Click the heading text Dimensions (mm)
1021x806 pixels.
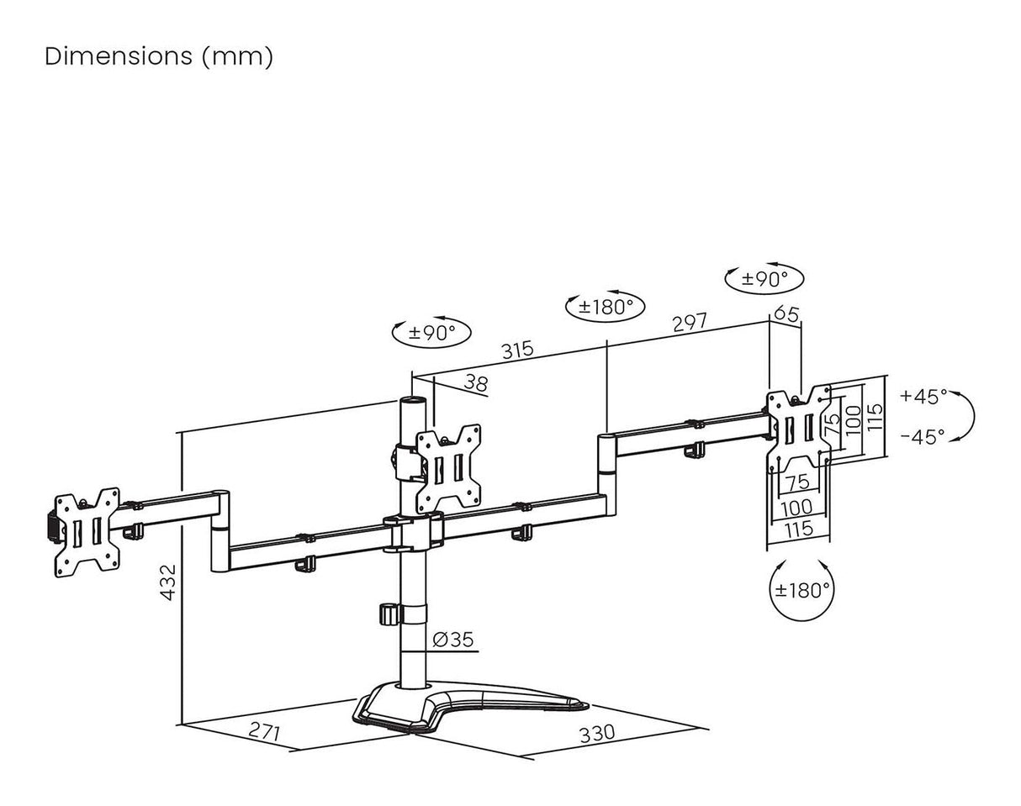click(x=159, y=57)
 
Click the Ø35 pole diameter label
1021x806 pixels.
click(x=453, y=640)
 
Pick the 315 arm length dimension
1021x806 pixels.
click(x=517, y=348)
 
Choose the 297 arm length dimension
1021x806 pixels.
click(x=689, y=322)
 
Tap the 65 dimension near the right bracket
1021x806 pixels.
click(x=786, y=313)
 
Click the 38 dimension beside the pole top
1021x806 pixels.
click(x=476, y=383)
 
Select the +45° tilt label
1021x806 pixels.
click(x=923, y=396)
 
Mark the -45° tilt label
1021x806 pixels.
click(x=923, y=436)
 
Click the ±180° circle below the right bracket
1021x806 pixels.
click(x=802, y=589)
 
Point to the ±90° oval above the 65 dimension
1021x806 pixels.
click(x=764, y=278)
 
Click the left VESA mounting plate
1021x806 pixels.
click(x=87, y=531)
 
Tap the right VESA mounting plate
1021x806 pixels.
click(x=799, y=428)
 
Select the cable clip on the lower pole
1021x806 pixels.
click(x=389, y=613)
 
